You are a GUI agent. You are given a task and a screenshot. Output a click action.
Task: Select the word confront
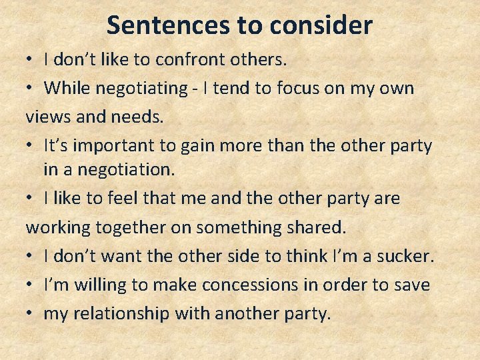point(185,59)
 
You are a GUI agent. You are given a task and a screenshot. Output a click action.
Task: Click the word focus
point(312,88)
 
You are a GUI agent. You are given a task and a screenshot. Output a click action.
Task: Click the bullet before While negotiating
point(31,88)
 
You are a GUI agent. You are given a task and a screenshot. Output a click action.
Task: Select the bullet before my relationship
point(31,313)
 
